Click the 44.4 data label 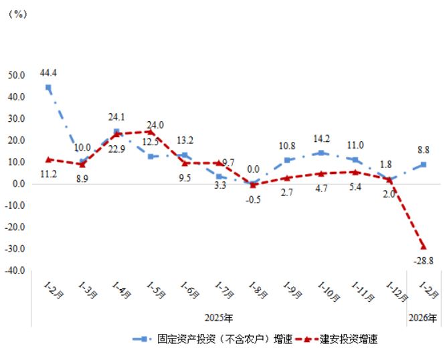[x=50, y=72]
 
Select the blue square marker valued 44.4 [x=48, y=87]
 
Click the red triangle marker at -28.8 [x=423, y=246]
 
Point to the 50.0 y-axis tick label [x=16, y=75]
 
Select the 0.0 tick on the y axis [x=18, y=183]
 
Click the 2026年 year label [x=423, y=317]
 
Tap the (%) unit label [x=17, y=15]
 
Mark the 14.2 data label [x=321, y=139]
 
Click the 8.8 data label [x=423, y=151]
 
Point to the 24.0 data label [x=155, y=124]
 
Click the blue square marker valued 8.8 [x=423, y=165]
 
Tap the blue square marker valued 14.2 [x=321, y=153]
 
